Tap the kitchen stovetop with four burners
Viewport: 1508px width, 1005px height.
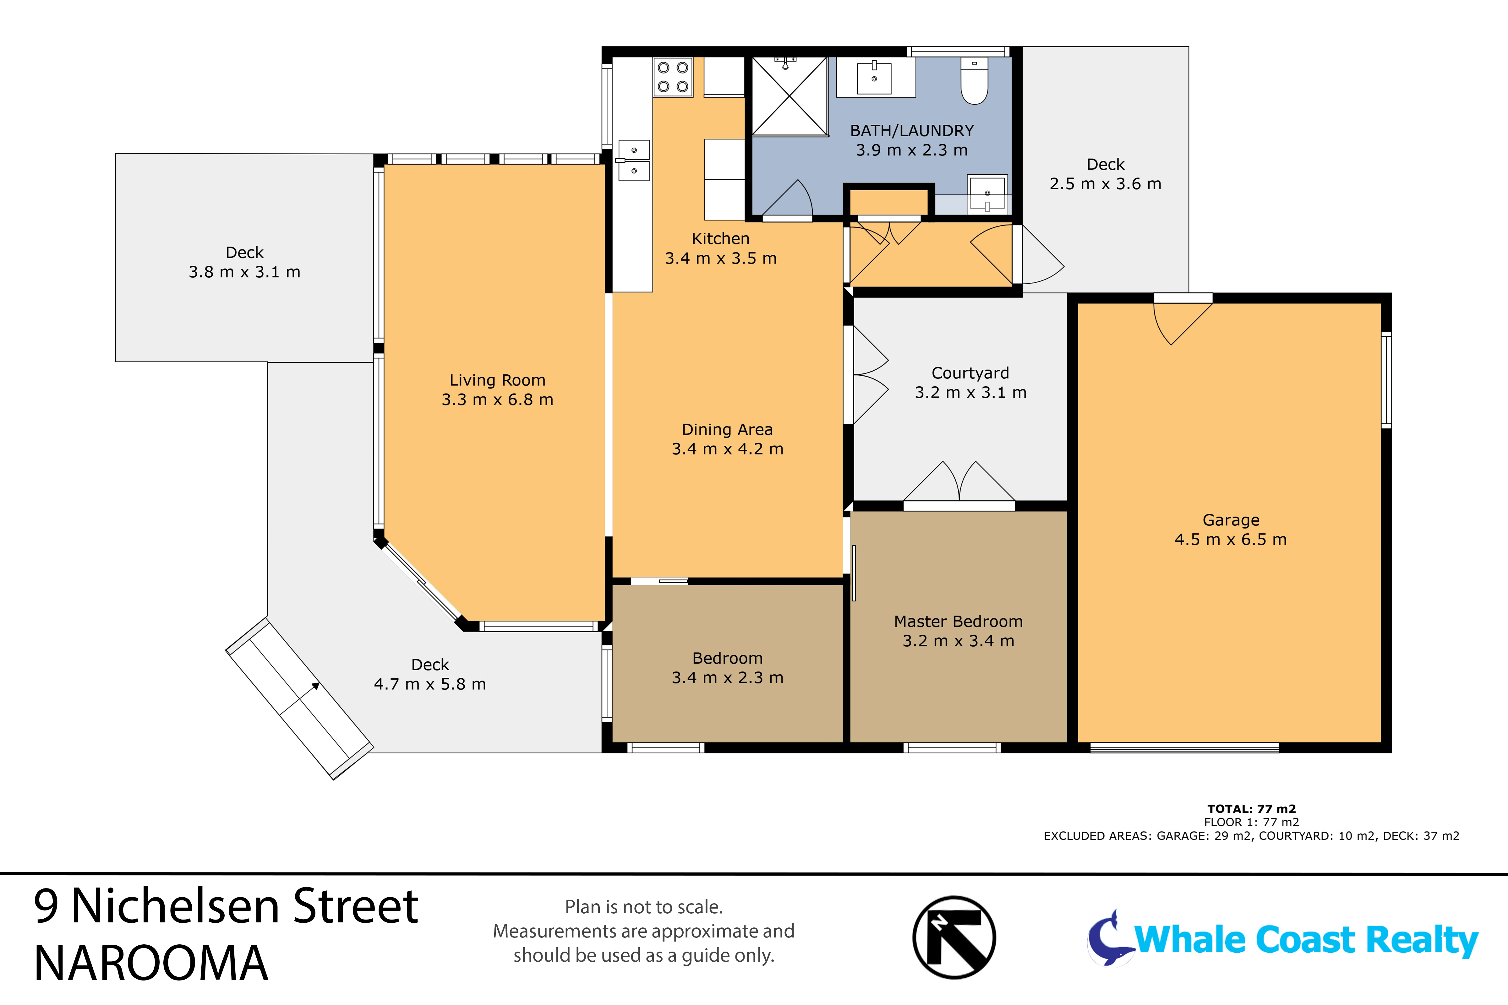coord(673,77)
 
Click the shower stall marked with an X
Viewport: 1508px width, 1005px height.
coord(789,96)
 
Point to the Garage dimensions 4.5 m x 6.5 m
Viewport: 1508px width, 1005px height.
coord(1230,540)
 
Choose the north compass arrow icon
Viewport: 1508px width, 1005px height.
coord(954,938)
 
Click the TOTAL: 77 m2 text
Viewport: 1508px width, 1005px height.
coord(1252,809)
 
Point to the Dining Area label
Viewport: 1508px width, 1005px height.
coord(727,429)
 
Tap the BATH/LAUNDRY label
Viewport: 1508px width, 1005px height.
coord(912,131)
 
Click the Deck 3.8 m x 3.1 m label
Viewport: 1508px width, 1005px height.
coord(244,262)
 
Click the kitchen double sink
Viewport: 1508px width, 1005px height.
coord(633,160)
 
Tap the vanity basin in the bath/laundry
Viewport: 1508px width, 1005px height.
coord(874,77)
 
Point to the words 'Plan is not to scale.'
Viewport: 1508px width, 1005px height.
coord(644,907)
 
